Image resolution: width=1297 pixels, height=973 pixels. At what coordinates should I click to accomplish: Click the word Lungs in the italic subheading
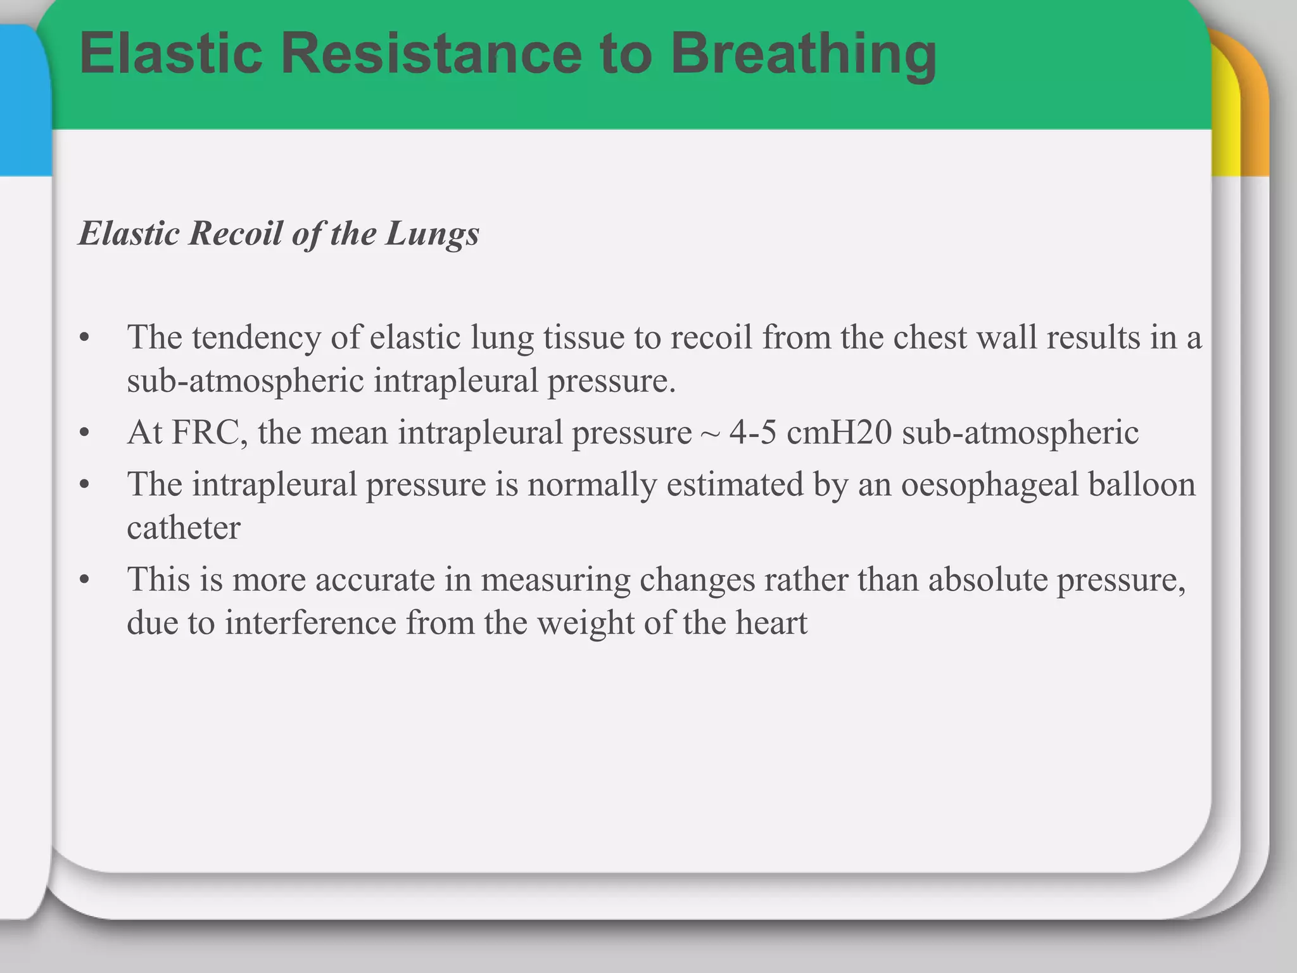click(433, 234)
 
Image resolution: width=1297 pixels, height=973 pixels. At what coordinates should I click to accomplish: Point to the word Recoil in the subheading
click(236, 233)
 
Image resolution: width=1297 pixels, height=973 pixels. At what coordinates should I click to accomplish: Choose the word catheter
click(184, 528)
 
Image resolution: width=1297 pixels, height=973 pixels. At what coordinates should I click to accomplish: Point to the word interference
click(310, 623)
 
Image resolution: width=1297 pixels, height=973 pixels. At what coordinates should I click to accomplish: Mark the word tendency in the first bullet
click(256, 338)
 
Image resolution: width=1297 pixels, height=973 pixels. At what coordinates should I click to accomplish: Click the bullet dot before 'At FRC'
click(85, 434)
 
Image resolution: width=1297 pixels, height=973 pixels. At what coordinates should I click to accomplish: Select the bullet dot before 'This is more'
click(85, 580)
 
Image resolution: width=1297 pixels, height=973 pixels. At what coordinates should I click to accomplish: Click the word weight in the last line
click(586, 623)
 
